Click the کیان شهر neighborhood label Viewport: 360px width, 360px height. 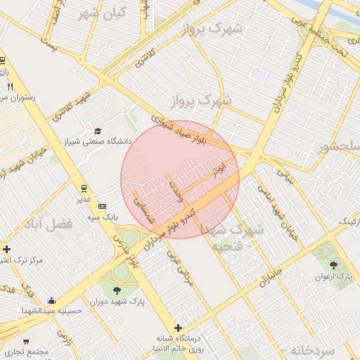pyautogui.click(x=102, y=13)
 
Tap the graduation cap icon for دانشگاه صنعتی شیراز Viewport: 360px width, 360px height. pyautogui.click(x=98, y=131)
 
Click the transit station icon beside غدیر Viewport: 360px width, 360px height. pyautogui.click(x=84, y=188)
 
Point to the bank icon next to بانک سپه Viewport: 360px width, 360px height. pyautogui.click(x=103, y=206)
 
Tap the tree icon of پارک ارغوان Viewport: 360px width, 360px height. pyautogui.click(x=333, y=266)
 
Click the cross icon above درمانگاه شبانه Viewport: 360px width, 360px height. pyautogui.click(x=179, y=328)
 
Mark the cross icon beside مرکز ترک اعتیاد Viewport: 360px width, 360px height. pyautogui.click(x=6, y=249)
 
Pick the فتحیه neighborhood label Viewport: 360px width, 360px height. pyautogui.click(x=229, y=247)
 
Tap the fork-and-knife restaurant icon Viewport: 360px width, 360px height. pyautogui.click(x=10, y=87)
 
